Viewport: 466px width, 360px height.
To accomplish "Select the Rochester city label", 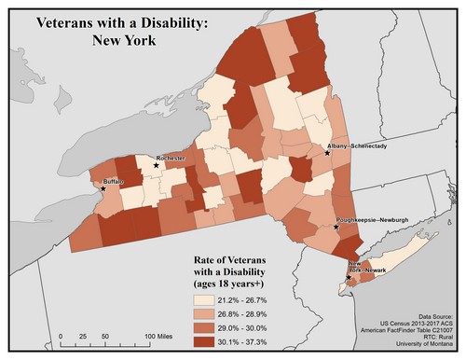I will [172, 159].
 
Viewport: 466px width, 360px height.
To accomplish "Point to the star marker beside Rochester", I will [156, 165].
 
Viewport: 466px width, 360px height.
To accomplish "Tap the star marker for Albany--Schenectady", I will [327, 154].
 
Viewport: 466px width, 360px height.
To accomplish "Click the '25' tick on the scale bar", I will [81, 335].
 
